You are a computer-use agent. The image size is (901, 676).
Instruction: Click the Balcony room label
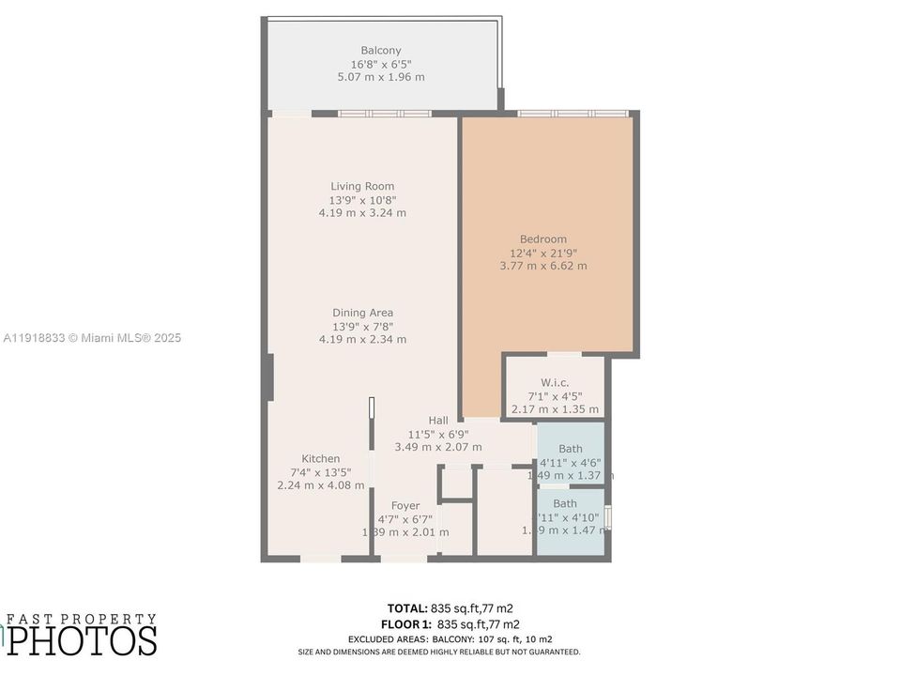pyautogui.click(x=381, y=51)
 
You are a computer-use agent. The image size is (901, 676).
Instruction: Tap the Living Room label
pyautogui.click(x=362, y=186)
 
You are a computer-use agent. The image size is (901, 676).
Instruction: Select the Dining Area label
pyautogui.click(x=362, y=313)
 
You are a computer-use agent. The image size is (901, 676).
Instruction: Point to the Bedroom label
pyautogui.click(x=543, y=239)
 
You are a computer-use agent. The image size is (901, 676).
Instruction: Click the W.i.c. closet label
pyautogui.click(x=555, y=382)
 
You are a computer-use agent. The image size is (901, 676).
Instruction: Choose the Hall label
pyautogui.click(x=438, y=420)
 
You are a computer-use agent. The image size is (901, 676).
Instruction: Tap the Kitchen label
pyautogui.click(x=321, y=459)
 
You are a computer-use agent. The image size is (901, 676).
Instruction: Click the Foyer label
pyautogui.click(x=405, y=506)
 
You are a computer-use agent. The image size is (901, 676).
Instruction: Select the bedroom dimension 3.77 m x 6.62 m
pyautogui.click(x=543, y=266)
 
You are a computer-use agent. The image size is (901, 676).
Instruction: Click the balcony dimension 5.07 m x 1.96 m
pyautogui.click(x=381, y=77)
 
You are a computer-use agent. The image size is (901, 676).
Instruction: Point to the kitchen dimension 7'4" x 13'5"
pyautogui.click(x=321, y=472)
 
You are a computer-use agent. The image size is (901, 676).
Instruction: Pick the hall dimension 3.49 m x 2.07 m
pyautogui.click(x=438, y=447)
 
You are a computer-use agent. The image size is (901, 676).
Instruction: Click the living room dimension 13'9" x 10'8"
pyautogui.click(x=362, y=200)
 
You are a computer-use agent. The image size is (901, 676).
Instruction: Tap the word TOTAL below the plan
pyautogui.click(x=407, y=607)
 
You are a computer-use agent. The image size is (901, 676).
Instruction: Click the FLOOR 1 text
pyautogui.click(x=407, y=623)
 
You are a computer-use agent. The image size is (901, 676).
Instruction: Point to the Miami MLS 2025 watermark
pyautogui.click(x=92, y=338)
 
